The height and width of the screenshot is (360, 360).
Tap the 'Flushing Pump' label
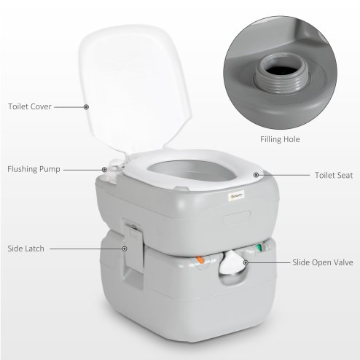pos(34,169)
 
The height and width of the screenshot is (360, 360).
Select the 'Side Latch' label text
pos(26,249)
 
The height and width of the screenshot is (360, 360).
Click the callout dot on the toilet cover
pos(87,106)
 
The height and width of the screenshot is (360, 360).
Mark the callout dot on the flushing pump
pos(104,170)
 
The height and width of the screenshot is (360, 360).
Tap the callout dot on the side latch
pos(126,249)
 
